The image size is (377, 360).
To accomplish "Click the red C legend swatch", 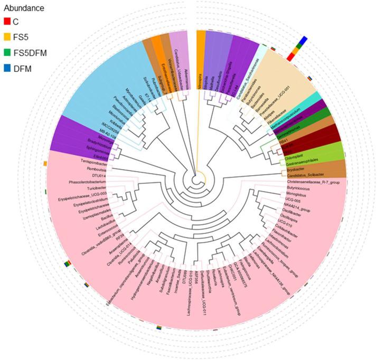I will [7, 22].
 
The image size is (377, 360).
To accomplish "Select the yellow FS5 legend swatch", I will [7, 37].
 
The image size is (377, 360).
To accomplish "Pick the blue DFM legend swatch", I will [7, 69].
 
